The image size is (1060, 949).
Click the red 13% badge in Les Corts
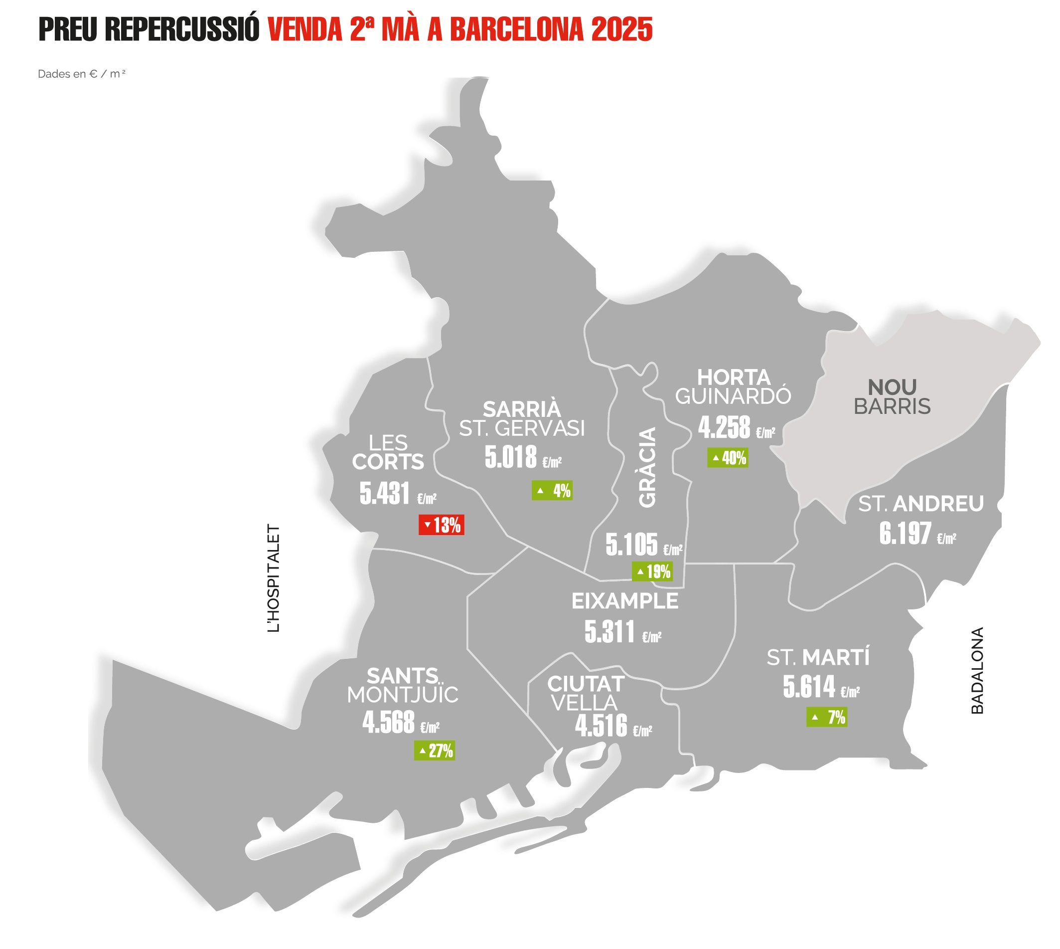[x=441, y=525]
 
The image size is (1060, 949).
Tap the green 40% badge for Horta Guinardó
[x=728, y=458]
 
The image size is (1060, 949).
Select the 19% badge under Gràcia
[x=652, y=571]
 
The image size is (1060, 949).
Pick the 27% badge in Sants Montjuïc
[x=434, y=751]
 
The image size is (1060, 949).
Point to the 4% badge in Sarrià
[x=552, y=490]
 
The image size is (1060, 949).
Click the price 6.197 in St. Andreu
[x=905, y=534]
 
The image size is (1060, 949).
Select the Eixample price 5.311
[x=609, y=631]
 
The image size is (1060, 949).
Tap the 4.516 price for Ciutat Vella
[x=601, y=725]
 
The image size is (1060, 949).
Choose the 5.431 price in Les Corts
[x=385, y=493]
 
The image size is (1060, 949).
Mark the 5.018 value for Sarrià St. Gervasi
[x=511, y=457]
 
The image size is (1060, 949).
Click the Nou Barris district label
[x=892, y=397]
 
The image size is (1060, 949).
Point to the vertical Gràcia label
[x=648, y=467]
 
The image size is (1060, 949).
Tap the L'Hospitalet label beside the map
[x=274, y=578]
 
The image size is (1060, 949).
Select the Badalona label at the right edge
[x=977, y=670]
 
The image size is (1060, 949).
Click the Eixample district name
[x=625, y=601]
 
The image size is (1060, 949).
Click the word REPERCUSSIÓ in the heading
[x=182, y=29]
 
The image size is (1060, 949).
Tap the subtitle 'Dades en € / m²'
[x=82, y=74]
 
